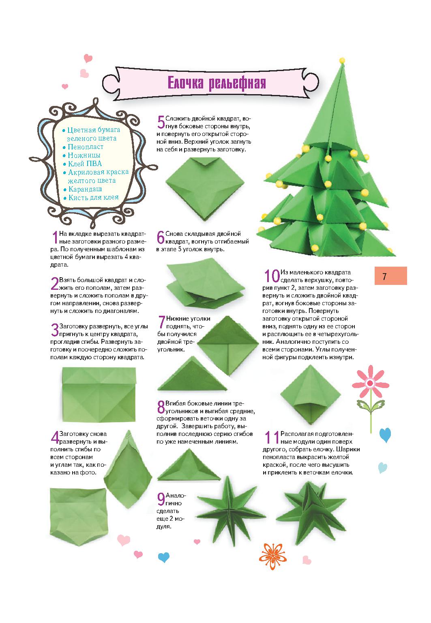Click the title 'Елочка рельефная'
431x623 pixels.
tap(217, 83)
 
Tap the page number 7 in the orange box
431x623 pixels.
tap(384, 276)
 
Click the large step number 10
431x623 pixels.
tap(272, 276)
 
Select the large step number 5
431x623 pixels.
tap(161, 122)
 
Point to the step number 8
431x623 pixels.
tap(161, 407)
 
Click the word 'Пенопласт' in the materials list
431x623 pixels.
tap(86, 147)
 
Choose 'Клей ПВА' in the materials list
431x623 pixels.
tap(85, 164)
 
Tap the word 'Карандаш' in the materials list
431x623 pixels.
tap(85, 189)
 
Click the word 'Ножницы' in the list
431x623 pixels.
tap(84, 155)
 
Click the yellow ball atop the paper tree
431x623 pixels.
tap(342, 60)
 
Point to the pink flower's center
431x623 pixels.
tap(370, 384)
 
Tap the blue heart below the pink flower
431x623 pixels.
tap(385, 435)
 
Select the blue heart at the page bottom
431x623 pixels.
tap(163, 557)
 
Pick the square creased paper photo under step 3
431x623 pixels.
tap(99, 394)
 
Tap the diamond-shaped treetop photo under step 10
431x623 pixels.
tap(311, 394)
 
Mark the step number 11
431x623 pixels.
tap(271, 437)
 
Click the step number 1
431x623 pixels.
tap(55, 237)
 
